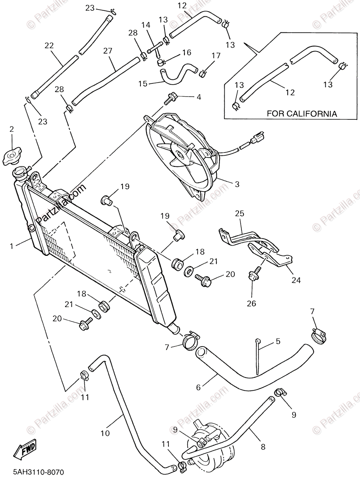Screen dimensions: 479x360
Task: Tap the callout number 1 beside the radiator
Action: coord(12,246)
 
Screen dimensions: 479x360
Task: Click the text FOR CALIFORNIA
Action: coord(302,114)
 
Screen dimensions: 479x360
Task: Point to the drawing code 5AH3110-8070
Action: coord(32,471)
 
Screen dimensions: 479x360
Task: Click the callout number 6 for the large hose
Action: coord(198,387)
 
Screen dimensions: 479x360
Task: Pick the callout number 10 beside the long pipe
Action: coord(105,433)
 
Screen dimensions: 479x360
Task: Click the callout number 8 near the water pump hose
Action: coord(263,447)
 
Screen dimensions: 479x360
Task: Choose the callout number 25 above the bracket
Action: coord(239,214)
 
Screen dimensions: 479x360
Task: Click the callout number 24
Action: coord(295,280)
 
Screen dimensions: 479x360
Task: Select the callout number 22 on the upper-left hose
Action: coord(49,46)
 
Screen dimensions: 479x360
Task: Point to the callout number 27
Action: coord(107,51)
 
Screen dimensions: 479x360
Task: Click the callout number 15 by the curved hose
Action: coord(142,83)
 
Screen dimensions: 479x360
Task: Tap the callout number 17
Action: coord(216,55)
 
